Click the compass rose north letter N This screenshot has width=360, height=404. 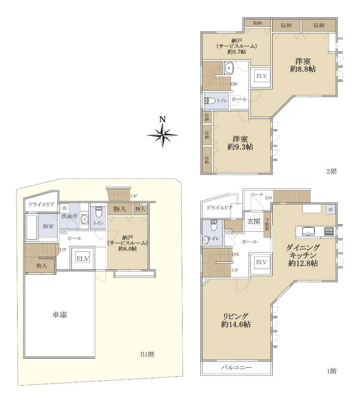(x=163, y=119)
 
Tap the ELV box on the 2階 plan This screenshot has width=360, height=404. (x=262, y=76)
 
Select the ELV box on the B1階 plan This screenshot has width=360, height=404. (x=83, y=259)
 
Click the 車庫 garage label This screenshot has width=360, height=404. (x=60, y=315)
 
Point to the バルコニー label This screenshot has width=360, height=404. (x=236, y=367)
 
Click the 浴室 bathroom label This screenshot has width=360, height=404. (x=48, y=226)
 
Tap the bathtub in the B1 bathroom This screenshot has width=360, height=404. (x=32, y=227)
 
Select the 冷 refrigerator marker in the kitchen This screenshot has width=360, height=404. (x=330, y=210)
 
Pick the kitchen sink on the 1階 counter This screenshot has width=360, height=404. (x=308, y=232)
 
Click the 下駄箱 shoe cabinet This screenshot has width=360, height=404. (x=267, y=225)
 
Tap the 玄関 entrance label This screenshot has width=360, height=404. (x=254, y=222)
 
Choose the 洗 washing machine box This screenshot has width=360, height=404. (x=65, y=208)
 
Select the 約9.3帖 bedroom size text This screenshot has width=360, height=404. (x=240, y=147)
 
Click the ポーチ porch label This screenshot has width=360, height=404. (x=257, y=195)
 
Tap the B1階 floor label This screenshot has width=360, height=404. (x=147, y=355)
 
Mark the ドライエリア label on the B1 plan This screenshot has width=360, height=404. (x=41, y=204)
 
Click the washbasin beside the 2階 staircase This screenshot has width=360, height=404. (x=229, y=68)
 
